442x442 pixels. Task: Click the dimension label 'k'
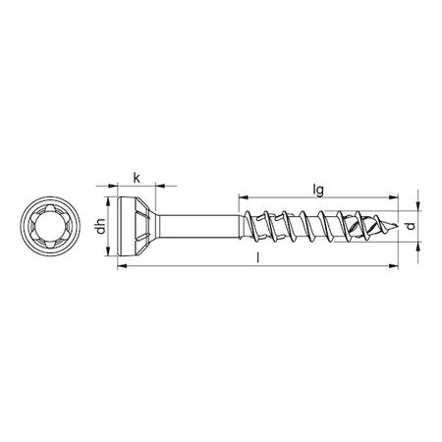[136, 177]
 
